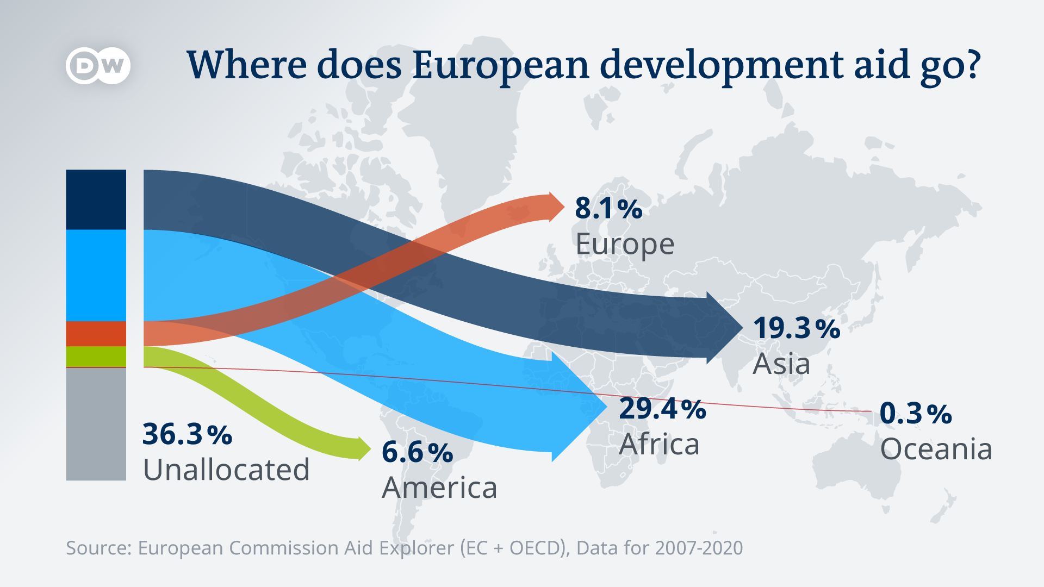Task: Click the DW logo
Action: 98,66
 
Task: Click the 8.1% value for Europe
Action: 608,208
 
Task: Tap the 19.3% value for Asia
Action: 797,328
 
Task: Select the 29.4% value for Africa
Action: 662,409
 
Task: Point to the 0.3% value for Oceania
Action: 916,414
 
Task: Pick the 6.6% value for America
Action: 417,452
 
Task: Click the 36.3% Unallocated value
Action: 187,434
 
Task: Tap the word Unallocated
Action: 226,470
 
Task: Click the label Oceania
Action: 936,449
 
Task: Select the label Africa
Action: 659,445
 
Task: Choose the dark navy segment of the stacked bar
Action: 96,199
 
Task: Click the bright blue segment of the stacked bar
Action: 96,276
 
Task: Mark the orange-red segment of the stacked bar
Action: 96,334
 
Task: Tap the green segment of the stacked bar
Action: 96,357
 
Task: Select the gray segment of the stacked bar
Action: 96,424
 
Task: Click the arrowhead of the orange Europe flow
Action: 556,207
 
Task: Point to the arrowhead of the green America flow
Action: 363,449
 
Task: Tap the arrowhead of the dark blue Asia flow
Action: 723,328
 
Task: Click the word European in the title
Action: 501,65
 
